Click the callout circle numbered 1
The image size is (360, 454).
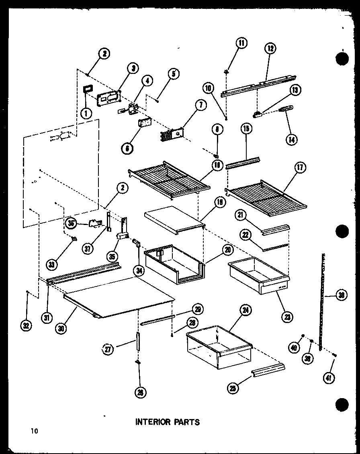85,114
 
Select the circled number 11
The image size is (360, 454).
241,43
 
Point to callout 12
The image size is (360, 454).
270,49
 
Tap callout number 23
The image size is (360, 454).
287,317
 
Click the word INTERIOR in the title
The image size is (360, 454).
152,422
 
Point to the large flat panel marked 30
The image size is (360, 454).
121,297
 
